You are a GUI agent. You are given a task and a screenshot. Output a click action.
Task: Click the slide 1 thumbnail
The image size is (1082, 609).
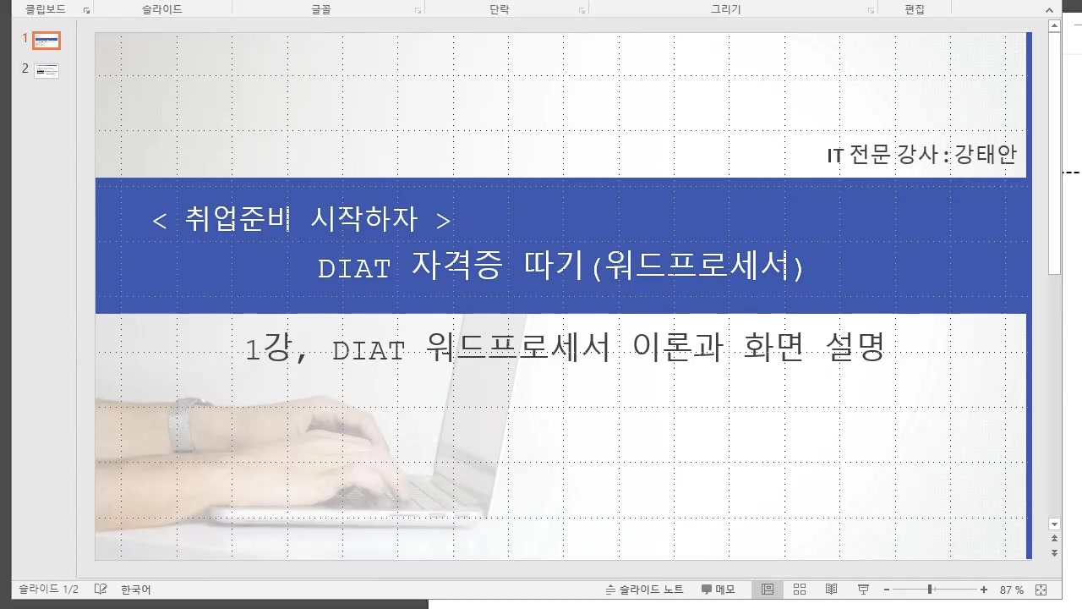click(46, 40)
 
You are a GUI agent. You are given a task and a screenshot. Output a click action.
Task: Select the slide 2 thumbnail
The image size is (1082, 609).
click(46, 70)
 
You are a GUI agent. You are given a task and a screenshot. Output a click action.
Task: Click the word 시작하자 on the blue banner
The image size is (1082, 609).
click(364, 220)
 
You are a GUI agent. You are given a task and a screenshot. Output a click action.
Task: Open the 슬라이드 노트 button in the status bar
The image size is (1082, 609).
click(645, 590)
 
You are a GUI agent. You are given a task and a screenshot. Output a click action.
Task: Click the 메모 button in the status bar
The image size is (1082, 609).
click(718, 590)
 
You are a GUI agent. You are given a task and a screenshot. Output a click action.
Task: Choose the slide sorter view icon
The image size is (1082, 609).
click(800, 590)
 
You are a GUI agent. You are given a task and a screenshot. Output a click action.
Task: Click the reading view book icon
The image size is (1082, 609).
click(832, 590)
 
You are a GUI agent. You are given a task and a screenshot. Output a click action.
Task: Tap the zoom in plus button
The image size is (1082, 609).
click(984, 590)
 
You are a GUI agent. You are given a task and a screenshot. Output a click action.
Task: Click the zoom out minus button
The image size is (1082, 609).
click(887, 590)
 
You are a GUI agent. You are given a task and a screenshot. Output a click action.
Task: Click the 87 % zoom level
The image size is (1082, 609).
click(1012, 590)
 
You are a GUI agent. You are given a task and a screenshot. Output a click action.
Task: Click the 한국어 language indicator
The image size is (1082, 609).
click(135, 590)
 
